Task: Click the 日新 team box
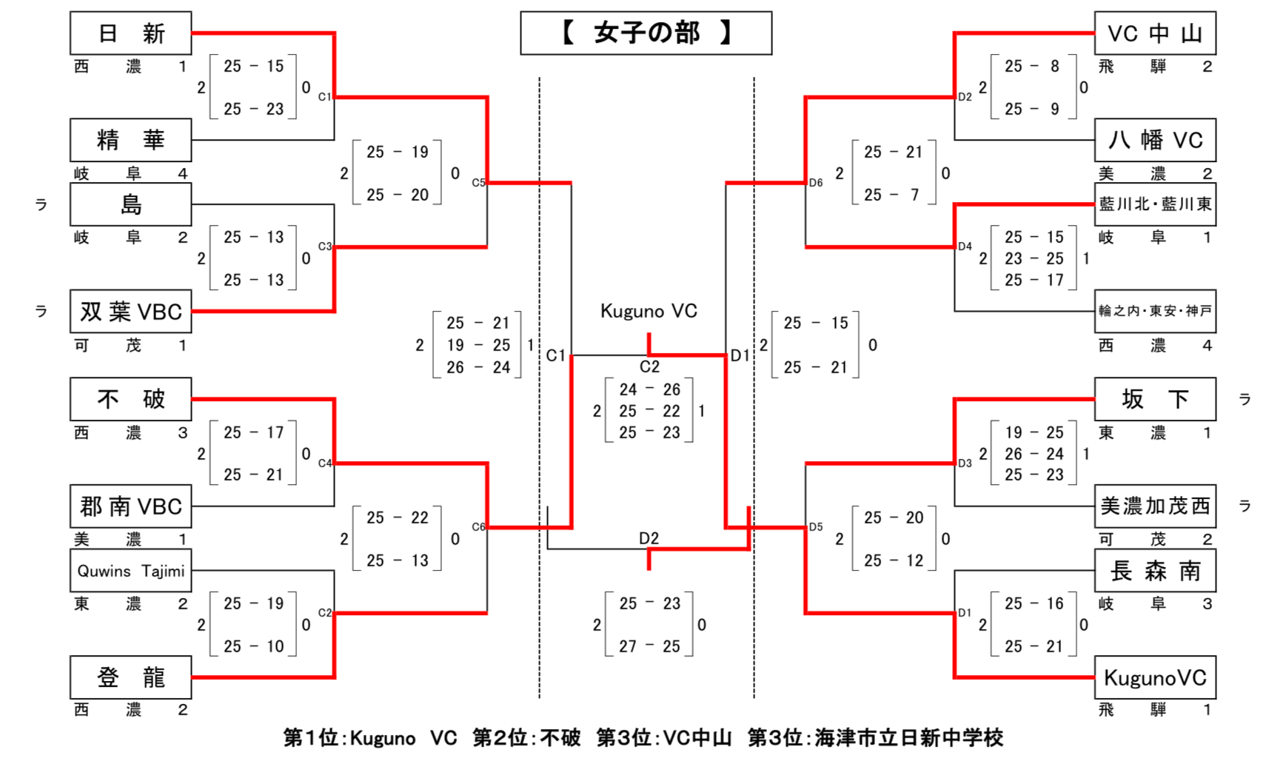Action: [130, 33]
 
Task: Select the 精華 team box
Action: [130, 140]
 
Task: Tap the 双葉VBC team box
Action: [130, 312]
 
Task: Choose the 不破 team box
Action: [130, 399]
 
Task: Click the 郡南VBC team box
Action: [130, 506]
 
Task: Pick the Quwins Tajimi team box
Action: [130, 571]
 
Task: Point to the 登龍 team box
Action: [130, 677]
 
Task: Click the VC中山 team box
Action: [1154, 33]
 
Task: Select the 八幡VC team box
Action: [1154, 140]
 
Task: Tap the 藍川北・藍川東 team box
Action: [1154, 204]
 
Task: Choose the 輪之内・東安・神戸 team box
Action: [1154, 312]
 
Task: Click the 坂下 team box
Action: [1154, 399]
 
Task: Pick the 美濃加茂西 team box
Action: [1154, 506]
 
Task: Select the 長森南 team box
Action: [1154, 571]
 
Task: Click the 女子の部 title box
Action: [646, 33]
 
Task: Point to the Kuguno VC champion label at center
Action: [649, 311]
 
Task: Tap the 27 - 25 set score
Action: [649, 646]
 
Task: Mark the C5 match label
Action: [478, 183]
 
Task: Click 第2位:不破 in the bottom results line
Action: [526, 738]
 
